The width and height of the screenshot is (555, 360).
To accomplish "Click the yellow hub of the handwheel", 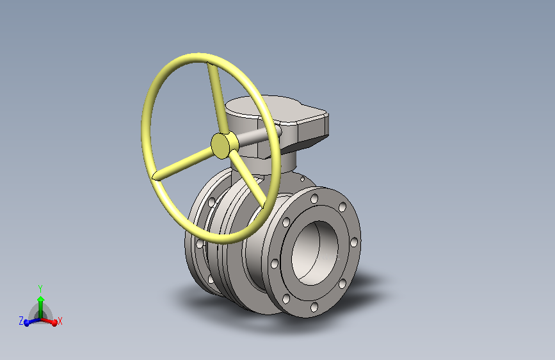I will (221, 145).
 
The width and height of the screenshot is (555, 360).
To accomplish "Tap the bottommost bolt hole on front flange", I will (314, 307).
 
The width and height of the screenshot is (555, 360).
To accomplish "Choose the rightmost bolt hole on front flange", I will (353, 242).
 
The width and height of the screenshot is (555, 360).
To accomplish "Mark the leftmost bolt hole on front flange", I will (275, 263).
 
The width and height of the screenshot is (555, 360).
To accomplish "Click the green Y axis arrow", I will (40, 304).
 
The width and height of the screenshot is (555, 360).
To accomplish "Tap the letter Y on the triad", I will (40, 288).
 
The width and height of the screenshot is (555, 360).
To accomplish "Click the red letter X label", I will (60, 321).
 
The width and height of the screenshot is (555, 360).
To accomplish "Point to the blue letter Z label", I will (21, 320).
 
